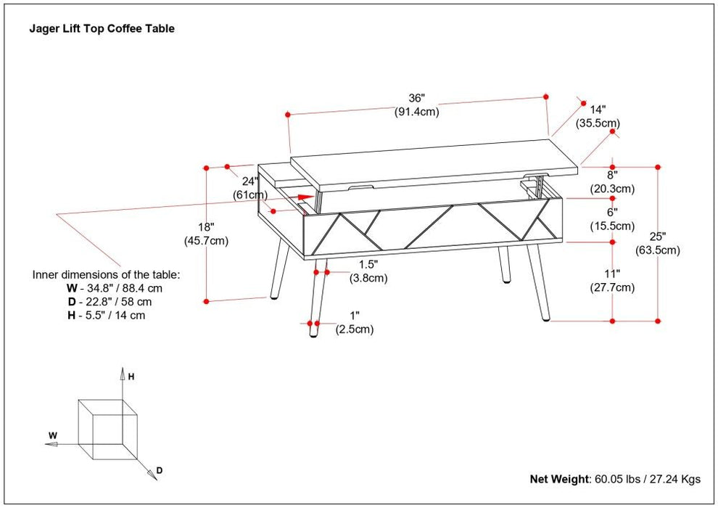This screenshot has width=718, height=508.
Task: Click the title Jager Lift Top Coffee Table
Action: [x=102, y=29]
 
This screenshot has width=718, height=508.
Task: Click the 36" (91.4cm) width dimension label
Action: [x=416, y=105]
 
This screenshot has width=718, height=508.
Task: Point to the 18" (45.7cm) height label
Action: [x=208, y=234]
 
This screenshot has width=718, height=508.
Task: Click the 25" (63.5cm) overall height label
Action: [x=659, y=244]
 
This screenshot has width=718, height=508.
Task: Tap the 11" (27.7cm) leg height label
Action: [x=613, y=281]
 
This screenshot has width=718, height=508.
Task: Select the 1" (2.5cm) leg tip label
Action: [x=354, y=323]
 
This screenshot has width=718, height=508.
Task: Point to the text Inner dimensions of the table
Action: [x=106, y=275]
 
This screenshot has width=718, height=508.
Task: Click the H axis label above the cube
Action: [x=131, y=377]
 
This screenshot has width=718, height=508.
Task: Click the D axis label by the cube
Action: [x=159, y=471]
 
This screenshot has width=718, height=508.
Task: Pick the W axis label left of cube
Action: [x=53, y=436]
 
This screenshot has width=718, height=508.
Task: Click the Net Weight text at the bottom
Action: [x=615, y=479]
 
